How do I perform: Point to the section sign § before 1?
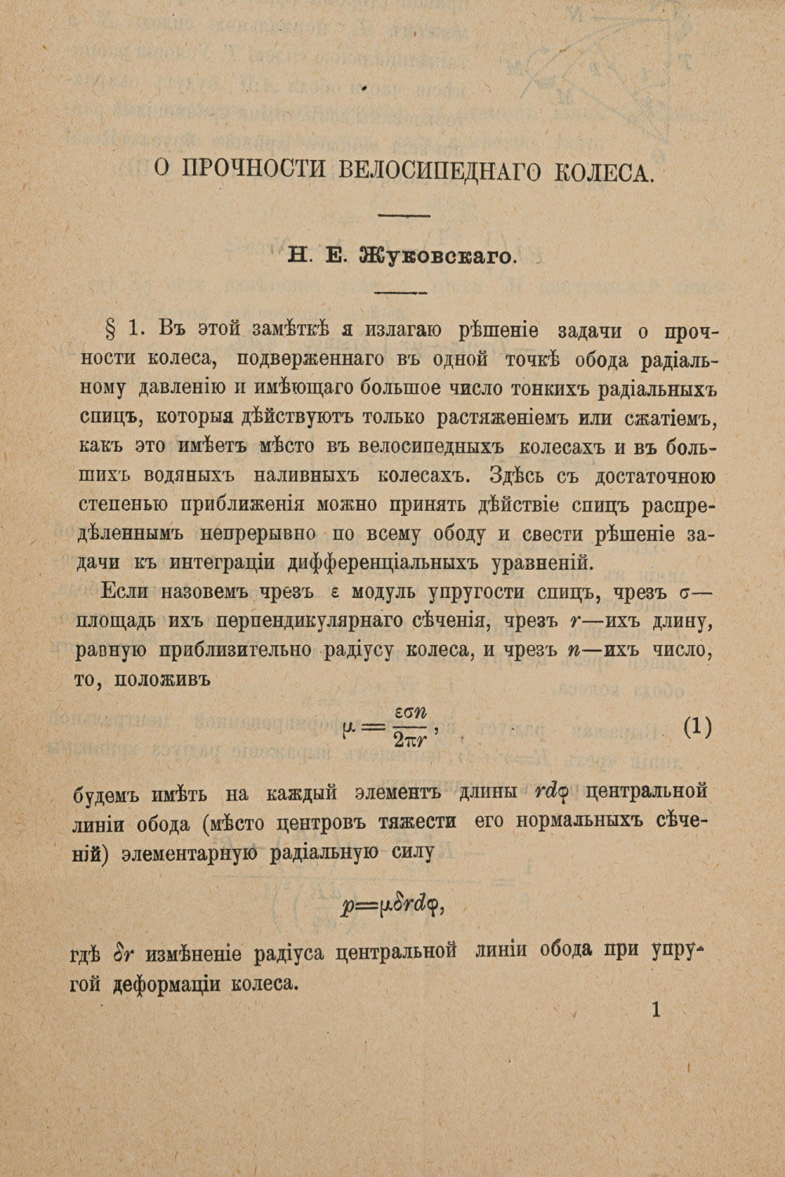point(112,330)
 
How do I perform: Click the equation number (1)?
point(697,726)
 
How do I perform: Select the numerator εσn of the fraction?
point(409,712)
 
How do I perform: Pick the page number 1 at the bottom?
point(656,1010)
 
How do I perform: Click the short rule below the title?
point(404,214)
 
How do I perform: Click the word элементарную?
point(189,853)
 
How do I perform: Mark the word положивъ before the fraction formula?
point(165,680)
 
